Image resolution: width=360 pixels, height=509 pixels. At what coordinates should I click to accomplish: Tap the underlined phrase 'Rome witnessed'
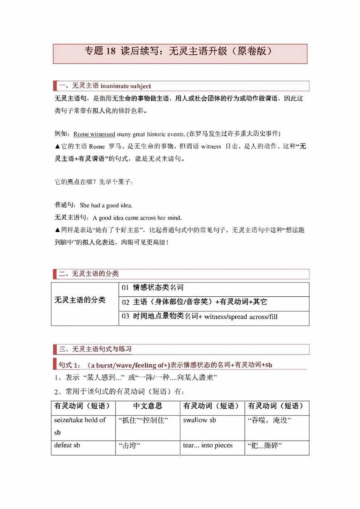[x=94, y=134]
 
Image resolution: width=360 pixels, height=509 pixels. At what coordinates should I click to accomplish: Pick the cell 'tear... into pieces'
[x=208, y=446]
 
